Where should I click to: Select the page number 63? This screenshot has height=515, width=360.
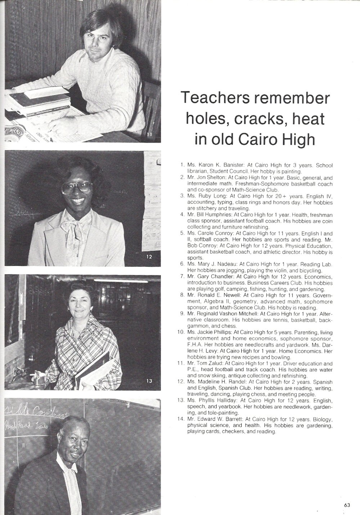click(x=347, y=505)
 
